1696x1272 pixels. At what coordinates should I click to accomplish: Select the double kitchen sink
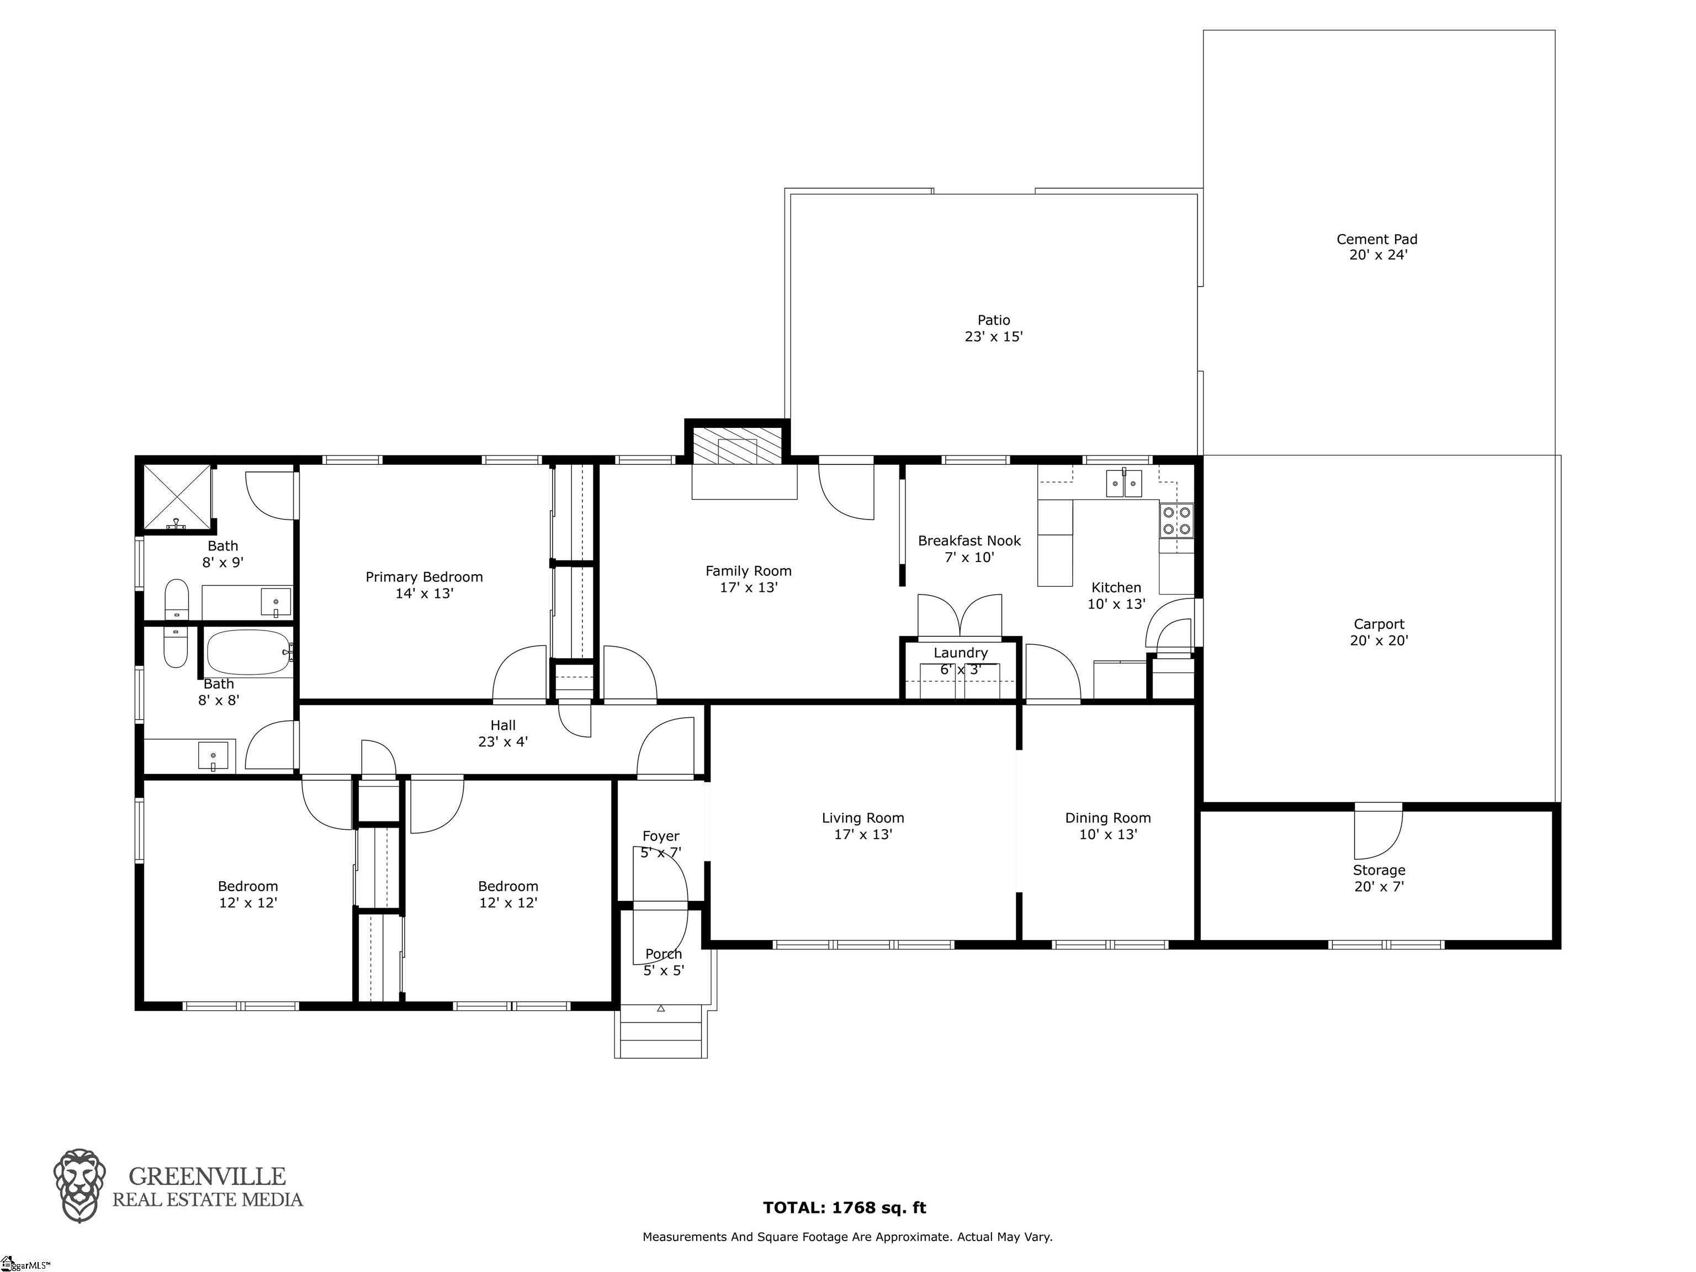coord(1124,483)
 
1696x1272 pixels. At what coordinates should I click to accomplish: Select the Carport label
coord(1379,624)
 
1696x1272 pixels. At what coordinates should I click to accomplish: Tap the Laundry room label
coord(961,653)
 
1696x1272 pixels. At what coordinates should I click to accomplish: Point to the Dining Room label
coord(1108,818)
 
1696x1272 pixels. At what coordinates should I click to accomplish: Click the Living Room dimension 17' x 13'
coord(863,834)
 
